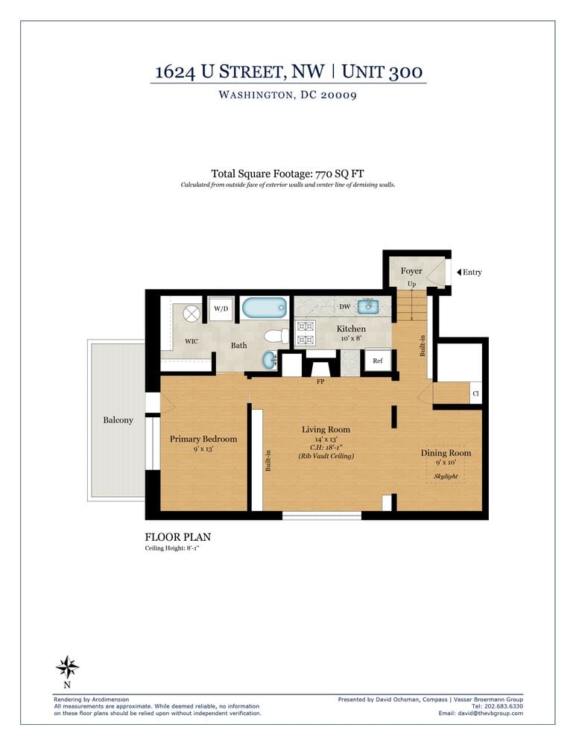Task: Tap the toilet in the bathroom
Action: (276, 336)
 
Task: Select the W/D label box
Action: (221, 308)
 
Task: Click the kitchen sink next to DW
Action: (367, 306)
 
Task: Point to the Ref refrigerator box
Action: (377, 361)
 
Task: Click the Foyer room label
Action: (411, 271)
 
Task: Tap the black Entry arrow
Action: (458, 272)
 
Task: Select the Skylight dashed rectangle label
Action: (446, 476)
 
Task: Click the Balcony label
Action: (118, 420)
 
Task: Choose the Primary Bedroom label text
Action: (203, 439)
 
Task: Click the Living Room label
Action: (326, 429)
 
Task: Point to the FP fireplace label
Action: (320, 381)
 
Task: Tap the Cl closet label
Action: (475, 393)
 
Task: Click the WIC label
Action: (192, 341)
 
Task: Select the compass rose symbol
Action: (68, 666)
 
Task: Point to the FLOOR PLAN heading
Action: (177, 536)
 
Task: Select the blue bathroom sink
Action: (268, 361)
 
